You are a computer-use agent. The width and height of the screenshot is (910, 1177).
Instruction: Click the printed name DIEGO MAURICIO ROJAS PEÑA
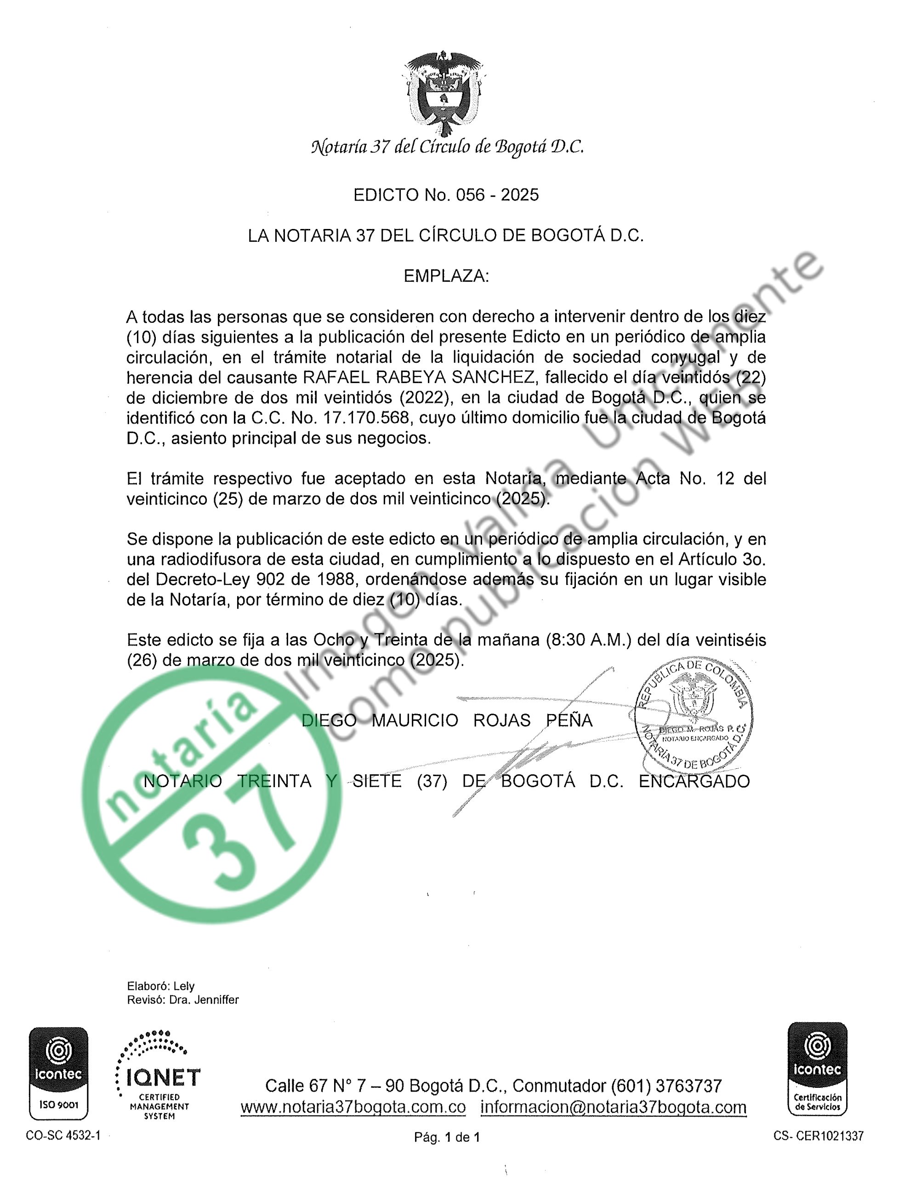[x=447, y=720]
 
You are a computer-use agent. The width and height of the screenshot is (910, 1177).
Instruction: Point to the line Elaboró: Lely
[x=160, y=986]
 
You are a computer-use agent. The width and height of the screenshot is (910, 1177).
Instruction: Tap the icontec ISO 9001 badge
[x=58, y=1073]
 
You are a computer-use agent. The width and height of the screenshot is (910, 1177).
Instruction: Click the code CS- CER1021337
[x=818, y=1136]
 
